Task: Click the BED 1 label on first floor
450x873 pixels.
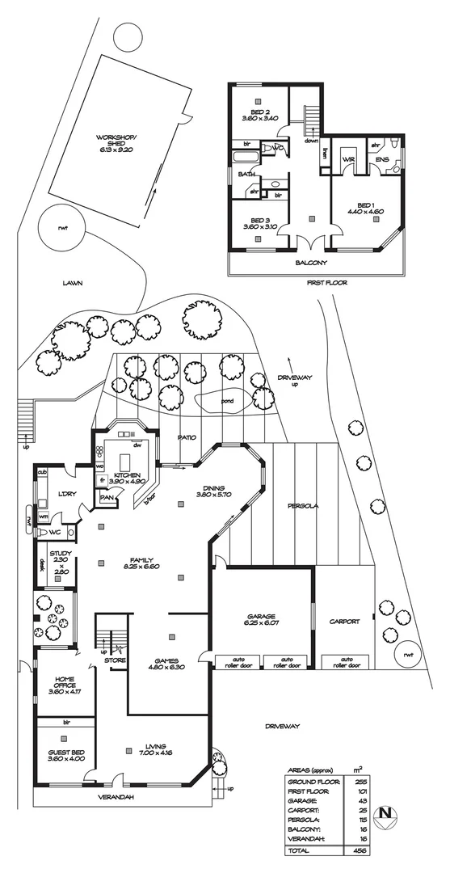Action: (x=364, y=208)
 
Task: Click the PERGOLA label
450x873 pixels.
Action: (x=304, y=507)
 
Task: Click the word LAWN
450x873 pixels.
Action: (x=75, y=284)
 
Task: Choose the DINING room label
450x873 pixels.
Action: (x=213, y=489)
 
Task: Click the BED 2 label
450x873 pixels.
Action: (x=259, y=114)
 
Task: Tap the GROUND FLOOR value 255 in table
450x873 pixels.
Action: (x=357, y=782)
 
